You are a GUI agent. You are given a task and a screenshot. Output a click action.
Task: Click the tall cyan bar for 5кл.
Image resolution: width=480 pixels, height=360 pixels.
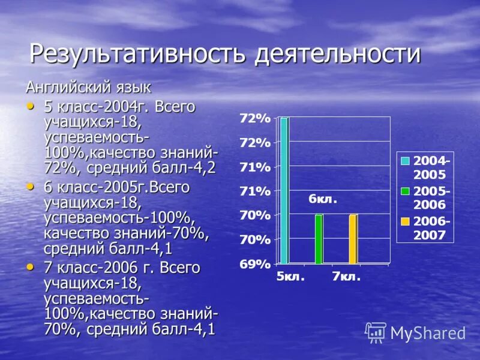pos(284,190)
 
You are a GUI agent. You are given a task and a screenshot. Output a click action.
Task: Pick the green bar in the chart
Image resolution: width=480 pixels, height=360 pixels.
pos(319,239)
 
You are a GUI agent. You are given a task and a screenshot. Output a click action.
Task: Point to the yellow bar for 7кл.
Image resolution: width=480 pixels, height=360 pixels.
pos(353,239)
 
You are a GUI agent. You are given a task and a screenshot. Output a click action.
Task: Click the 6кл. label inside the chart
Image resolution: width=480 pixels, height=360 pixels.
pos(323,199)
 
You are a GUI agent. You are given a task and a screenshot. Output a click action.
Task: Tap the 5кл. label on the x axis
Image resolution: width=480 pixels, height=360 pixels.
pos(291,277)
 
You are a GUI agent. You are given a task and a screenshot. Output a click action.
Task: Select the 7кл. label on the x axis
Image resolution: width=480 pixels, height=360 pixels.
pos(346,277)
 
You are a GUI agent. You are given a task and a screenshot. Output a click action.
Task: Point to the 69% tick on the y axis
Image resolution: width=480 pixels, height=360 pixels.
pos(255,263)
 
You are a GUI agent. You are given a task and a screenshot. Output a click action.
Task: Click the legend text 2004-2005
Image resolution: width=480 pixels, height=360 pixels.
pos(432,167)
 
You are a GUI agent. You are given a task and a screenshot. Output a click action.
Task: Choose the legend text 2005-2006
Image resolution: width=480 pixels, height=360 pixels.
pos(432,197)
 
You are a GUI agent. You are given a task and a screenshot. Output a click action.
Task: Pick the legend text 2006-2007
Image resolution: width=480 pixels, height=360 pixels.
pos(432,227)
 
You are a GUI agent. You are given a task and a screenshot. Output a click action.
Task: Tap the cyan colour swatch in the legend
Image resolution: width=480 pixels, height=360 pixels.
pos(406,161)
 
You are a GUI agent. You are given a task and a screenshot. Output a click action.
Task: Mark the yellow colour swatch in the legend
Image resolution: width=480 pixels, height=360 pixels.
pos(406,221)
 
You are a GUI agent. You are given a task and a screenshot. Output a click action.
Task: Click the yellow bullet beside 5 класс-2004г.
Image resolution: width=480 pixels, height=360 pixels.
pos(31,106)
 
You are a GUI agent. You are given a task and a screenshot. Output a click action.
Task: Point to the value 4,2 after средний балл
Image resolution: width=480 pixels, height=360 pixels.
pos(204,167)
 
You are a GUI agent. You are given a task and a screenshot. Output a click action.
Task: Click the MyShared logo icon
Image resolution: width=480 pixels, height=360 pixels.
pos(376,332)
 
